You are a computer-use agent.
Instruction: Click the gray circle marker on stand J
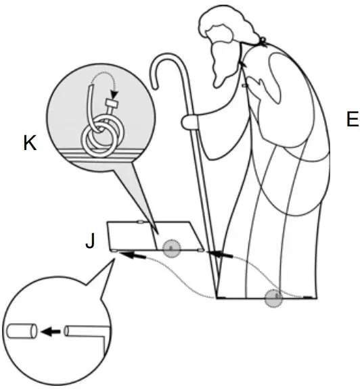[173, 249]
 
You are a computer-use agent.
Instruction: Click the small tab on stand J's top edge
[139, 221]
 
